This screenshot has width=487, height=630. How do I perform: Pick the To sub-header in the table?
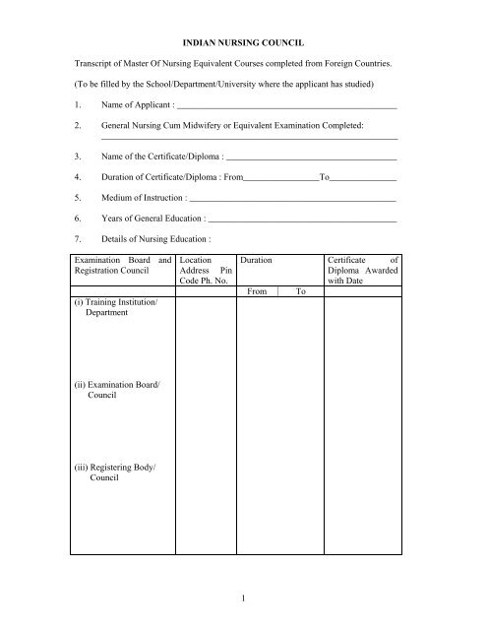(301, 292)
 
